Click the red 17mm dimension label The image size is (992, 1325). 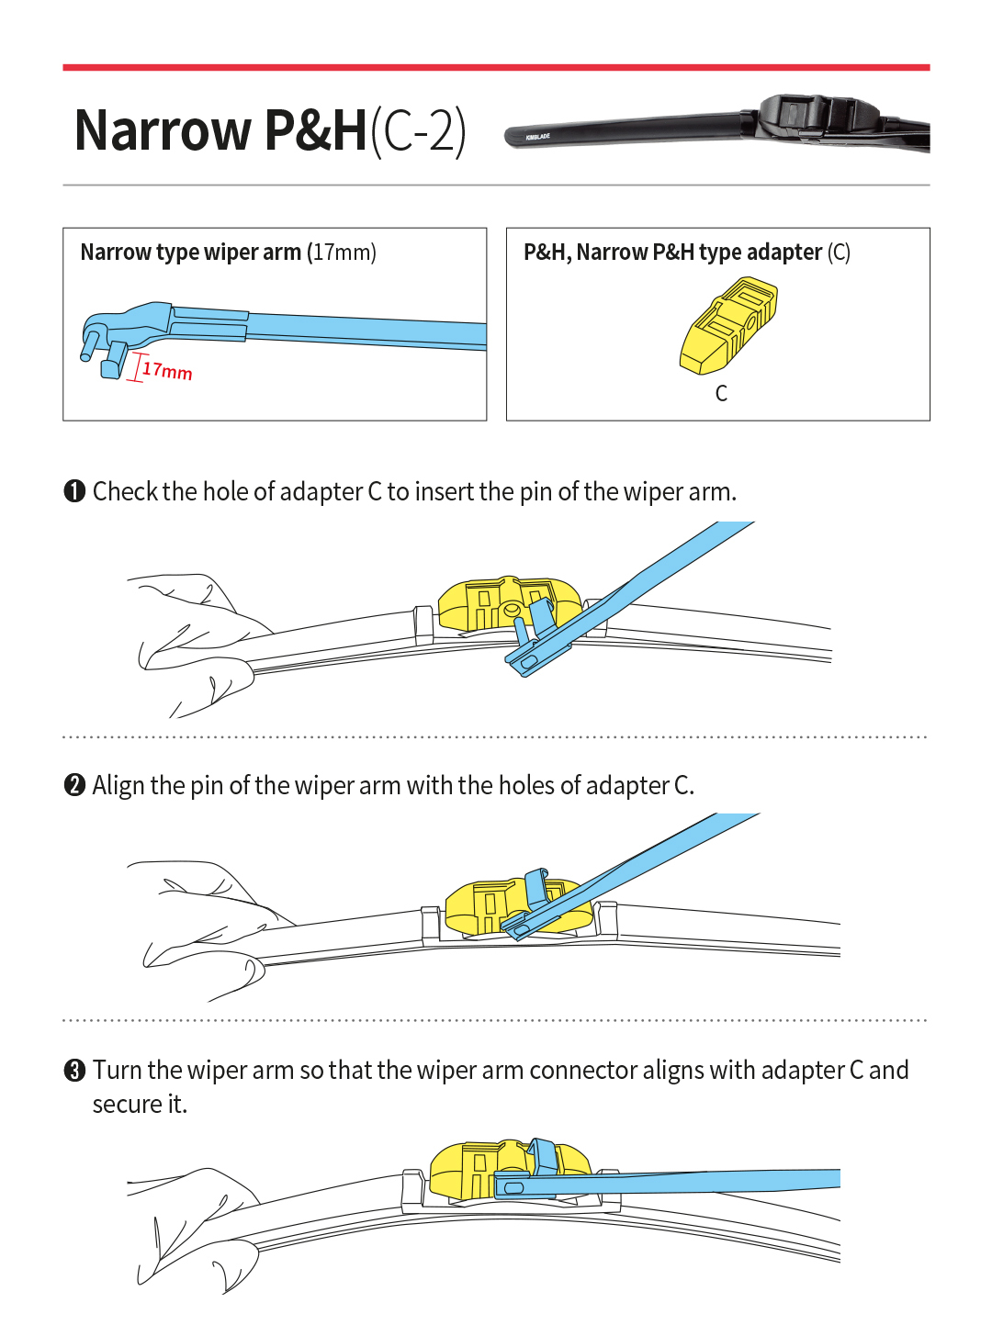pyautogui.click(x=167, y=371)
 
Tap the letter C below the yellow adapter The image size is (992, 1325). pyautogui.click(x=721, y=394)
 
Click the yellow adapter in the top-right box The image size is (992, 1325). pyautogui.click(x=728, y=326)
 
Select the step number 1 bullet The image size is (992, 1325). pyautogui.click(x=74, y=492)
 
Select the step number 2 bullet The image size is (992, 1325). pyautogui.click(x=74, y=786)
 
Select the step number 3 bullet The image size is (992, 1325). pyautogui.click(x=74, y=1071)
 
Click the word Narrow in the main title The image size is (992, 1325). pyautogui.click(x=163, y=130)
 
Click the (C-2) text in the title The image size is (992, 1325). pyautogui.click(x=418, y=130)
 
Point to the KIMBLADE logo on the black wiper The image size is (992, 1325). pyautogui.click(x=537, y=137)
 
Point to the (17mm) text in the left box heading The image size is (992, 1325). pyautogui.click(x=342, y=253)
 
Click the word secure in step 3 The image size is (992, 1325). pyautogui.click(x=127, y=1105)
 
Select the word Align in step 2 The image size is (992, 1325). pyautogui.click(x=118, y=786)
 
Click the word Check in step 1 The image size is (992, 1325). pyautogui.click(x=126, y=492)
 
